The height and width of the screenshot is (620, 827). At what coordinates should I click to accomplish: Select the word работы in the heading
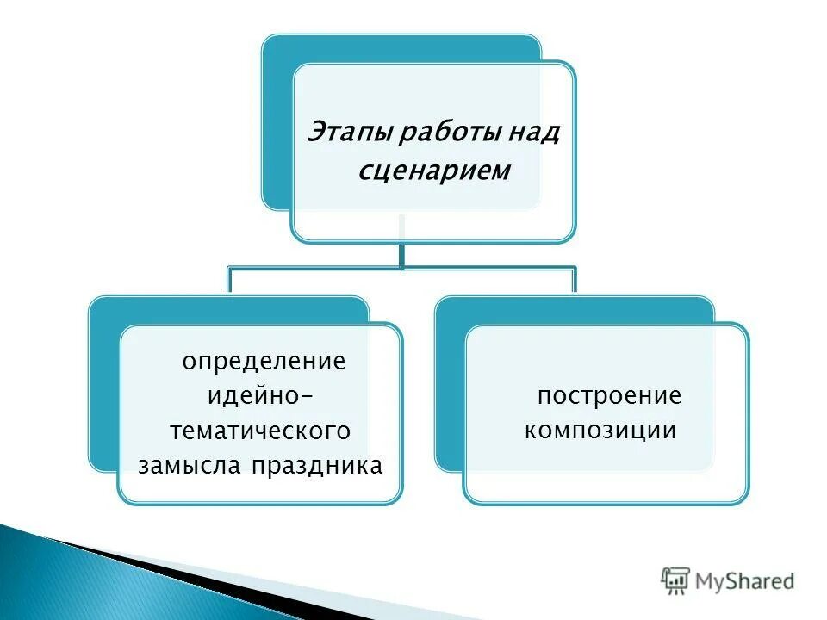pos(437,134)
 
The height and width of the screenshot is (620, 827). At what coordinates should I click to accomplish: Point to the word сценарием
pos(434,171)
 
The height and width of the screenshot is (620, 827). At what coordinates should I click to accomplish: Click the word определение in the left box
pos(264,361)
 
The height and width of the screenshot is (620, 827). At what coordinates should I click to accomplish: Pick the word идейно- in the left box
pos(261,396)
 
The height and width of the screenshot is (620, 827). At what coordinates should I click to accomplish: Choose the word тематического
pos(261,431)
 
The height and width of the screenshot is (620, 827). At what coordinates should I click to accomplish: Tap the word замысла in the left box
pos(191,466)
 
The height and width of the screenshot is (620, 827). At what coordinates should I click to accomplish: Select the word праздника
pos(318,466)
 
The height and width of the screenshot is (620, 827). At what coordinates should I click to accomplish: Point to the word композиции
pos(600,431)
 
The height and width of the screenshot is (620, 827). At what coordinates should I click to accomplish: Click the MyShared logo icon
pos(676,580)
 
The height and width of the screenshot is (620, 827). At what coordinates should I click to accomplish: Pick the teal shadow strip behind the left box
pos(102,387)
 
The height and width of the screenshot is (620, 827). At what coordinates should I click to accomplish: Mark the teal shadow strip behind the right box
pos(449,387)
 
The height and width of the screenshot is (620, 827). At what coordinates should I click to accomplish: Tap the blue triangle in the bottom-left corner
pos(52,586)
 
